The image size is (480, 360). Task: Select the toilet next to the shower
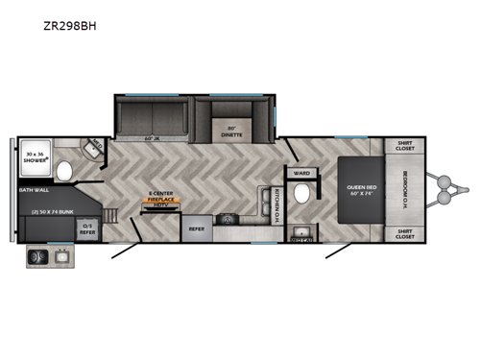tap(65, 172)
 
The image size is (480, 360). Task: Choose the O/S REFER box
tap(87, 231)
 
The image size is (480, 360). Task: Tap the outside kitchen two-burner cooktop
tap(40, 256)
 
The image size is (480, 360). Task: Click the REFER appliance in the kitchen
tap(196, 229)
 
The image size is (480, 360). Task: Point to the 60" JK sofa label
tap(150, 138)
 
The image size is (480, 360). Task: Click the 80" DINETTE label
tap(230, 130)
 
